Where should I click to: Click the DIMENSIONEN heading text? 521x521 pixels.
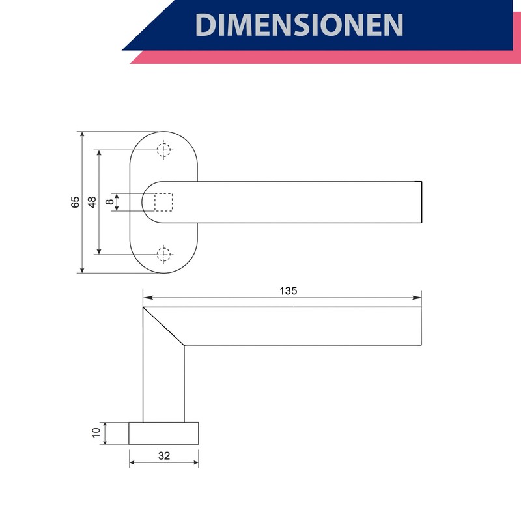[299, 25]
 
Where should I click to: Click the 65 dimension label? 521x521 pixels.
[76, 202]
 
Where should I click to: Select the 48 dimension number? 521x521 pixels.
[92, 202]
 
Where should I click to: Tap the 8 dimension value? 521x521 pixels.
[109, 202]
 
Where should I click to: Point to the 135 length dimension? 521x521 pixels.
[288, 290]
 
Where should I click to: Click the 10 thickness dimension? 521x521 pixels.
[96, 433]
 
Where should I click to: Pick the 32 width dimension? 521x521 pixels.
[164, 455]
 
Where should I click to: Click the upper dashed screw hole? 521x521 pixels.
[164, 150]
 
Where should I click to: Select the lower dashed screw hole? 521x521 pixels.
[164, 255]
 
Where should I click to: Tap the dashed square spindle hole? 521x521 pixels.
[163, 202]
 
